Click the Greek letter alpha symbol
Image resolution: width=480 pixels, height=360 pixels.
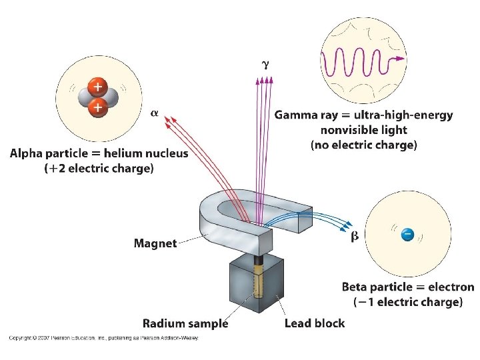tap(154, 113)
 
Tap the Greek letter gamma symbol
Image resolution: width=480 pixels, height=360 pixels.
tap(265, 65)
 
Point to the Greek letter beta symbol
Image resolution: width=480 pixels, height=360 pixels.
tap(355, 235)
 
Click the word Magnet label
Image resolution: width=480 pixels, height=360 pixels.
tap(155, 243)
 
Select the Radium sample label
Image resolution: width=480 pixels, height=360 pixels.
tap(185, 324)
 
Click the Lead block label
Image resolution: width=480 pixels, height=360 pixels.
tap(315, 324)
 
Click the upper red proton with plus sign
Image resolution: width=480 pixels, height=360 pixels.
tap(97, 87)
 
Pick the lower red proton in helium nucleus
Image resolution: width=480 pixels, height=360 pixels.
tap(97, 107)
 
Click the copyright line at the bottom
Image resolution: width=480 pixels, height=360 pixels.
tap(103, 338)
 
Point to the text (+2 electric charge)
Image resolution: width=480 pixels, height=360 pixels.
tap(99, 169)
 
